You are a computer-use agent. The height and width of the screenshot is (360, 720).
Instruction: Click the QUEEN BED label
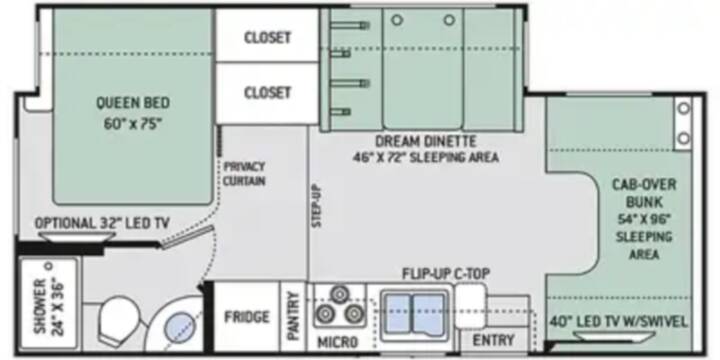click(133, 103)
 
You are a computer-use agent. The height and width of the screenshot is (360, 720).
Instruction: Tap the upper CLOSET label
click(267, 38)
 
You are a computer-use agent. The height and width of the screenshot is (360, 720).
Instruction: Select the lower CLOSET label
click(267, 93)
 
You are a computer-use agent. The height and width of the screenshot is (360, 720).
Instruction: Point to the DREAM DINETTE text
click(426, 141)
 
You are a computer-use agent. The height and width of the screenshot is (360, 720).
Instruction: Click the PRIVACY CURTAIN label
click(244, 174)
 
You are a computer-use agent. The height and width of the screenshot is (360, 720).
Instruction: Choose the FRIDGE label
click(247, 317)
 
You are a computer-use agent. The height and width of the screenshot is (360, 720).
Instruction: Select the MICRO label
click(338, 342)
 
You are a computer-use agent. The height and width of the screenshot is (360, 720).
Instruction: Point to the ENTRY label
click(494, 340)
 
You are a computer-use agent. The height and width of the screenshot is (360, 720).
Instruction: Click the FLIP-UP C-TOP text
click(446, 274)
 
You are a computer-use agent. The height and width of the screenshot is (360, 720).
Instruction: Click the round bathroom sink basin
click(180, 326)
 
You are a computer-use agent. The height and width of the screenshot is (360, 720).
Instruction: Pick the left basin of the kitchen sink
click(399, 315)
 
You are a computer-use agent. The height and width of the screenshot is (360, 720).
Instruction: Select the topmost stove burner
click(339, 294)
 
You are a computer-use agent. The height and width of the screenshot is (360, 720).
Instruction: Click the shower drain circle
click(50, 265)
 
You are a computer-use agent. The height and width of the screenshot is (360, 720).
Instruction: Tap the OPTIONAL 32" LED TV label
click(102, 224)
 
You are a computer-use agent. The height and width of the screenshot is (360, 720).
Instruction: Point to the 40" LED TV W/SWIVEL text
click(619, 321)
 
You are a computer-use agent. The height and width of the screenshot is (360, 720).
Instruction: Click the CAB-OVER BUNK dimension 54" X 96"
click(644, 219)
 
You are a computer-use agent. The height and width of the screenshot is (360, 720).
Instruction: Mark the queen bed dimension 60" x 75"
click(133, 124)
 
